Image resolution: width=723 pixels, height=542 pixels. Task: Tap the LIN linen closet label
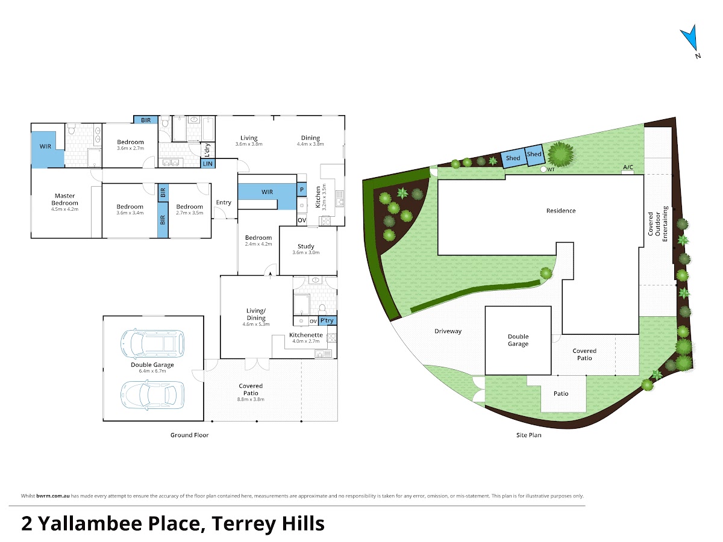[207, 164]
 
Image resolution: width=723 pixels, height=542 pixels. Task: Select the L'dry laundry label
[207, 150]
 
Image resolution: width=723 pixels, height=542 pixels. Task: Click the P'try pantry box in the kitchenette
[327, 320]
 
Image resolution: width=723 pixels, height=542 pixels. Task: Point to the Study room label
[305, 246]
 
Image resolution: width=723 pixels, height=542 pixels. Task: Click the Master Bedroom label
[64, 199]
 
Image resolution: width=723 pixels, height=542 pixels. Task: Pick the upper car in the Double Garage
[152, 344]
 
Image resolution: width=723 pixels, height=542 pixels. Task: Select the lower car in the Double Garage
[152, 394]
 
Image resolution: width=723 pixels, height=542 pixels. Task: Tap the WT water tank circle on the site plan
[543, 169]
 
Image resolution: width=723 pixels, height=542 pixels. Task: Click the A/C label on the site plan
[628, 167]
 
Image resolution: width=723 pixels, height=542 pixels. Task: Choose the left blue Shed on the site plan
[513, 158]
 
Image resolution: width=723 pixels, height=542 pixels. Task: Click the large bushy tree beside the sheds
[560, 154]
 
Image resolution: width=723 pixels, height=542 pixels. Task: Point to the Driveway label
[448, 331]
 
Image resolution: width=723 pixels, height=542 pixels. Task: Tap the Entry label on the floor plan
[224, 202]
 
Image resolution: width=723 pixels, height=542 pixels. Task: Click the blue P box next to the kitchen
[302, 190]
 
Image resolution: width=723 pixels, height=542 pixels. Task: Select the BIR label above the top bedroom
[146, 120]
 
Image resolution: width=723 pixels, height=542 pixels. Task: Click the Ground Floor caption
[189, 435]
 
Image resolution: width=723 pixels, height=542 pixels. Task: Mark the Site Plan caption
[528, 435]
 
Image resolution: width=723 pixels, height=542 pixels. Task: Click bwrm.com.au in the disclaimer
[53, 496]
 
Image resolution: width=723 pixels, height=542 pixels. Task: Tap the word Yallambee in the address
[90, 523]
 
